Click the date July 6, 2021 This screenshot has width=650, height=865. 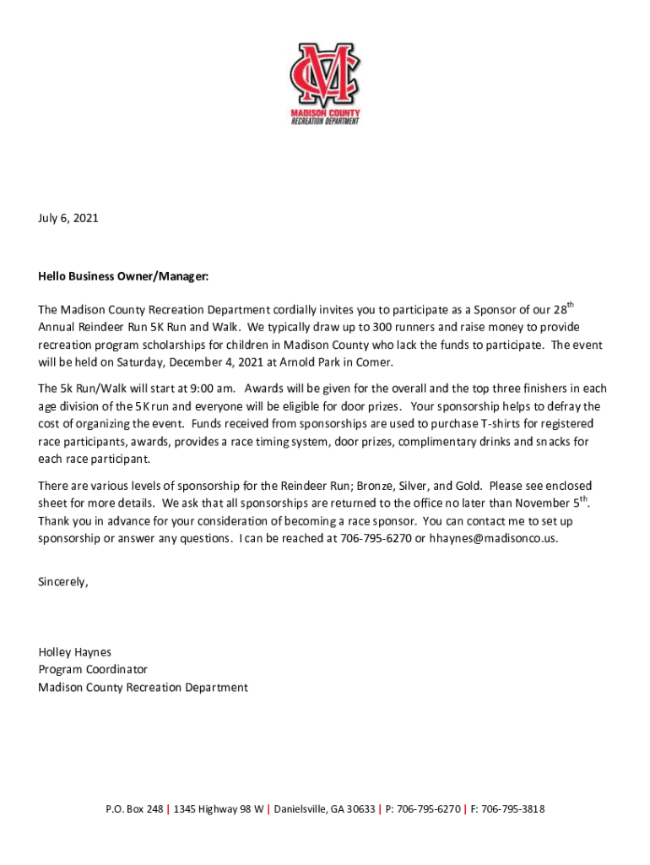(68, 218)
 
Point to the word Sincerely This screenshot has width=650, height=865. (63, 582)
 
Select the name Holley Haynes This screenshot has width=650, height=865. (75, 652)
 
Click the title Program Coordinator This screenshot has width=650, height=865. (93, 670)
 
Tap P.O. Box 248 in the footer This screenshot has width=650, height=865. (134, 809)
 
